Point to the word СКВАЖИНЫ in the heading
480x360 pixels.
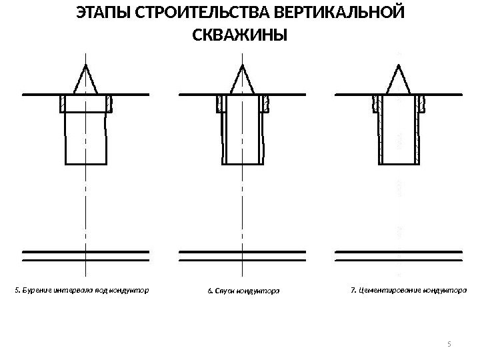pos(239,35)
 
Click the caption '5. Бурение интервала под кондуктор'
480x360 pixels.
pos(81,291)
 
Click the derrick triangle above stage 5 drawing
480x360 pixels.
pos(86,79)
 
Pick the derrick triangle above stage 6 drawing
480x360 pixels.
pos(241,79)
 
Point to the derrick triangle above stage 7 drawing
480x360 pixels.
pos(399,79)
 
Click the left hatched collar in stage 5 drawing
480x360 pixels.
pos(63,103)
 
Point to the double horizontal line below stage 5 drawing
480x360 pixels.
pos(86,254)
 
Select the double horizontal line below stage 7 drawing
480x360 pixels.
pos(399,254)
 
